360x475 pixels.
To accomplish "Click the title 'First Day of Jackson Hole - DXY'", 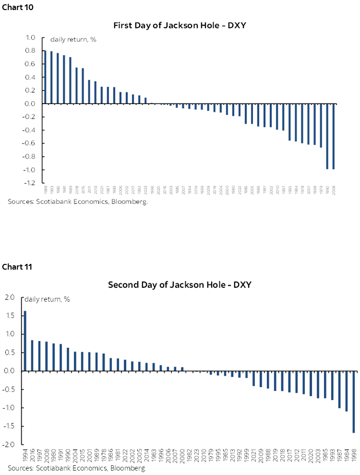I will coord(180,25).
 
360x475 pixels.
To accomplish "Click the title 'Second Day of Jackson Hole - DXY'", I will coord(180,285).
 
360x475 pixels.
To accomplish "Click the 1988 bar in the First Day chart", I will coord(45,77).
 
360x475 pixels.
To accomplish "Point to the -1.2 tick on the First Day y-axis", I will coord(30,183).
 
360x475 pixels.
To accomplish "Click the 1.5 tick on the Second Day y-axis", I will coord(11,316).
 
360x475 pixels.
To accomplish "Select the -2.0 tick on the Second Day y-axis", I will coord(10,445).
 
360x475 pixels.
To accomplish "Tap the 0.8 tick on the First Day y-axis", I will coord(31,50).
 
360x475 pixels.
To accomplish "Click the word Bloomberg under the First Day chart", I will coord(130,202).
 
